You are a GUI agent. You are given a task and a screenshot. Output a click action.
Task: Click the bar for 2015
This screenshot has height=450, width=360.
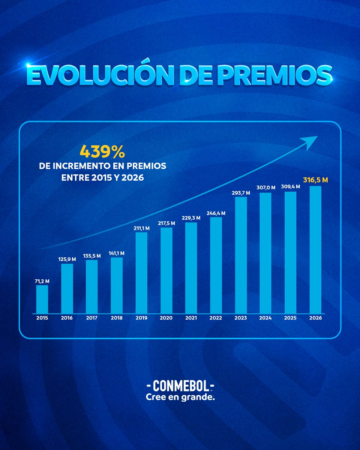point(42,299)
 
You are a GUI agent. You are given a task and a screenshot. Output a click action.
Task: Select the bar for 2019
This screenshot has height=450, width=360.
point(141,273)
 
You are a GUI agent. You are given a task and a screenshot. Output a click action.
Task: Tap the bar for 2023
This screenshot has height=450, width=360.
point(241,255)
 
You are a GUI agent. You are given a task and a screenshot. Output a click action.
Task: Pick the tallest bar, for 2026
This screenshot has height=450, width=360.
point(315,249)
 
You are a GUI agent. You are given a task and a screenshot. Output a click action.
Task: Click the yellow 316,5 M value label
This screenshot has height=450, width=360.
point(315,180)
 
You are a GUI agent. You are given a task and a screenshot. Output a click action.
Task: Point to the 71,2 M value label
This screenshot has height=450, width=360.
point(42,280)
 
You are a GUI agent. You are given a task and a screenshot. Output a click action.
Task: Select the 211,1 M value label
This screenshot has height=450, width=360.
point(141,228)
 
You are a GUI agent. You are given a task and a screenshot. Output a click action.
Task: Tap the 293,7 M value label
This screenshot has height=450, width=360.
point(241,192)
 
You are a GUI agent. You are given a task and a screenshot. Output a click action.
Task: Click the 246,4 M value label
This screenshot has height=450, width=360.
point(216,213)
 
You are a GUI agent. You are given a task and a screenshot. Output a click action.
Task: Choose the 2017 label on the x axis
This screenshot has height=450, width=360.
point(91,318)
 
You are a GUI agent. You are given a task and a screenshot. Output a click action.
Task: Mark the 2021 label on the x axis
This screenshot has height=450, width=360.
point(191,318)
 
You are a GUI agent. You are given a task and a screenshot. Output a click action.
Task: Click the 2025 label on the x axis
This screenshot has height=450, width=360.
point(290,318)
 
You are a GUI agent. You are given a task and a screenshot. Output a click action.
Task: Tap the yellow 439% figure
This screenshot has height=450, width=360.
point(102,152)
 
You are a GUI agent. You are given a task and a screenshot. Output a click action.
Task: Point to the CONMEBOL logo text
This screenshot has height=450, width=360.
point(180,386)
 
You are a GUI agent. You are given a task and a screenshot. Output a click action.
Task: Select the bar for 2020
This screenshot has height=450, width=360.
point(166,270)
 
